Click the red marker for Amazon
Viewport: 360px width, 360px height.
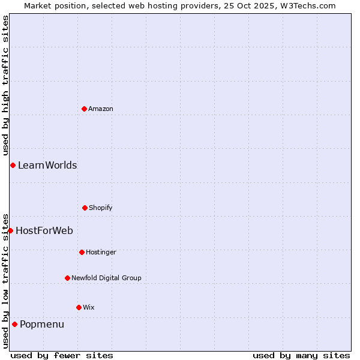click(84, 109)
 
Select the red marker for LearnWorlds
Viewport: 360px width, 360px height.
click(13, 165)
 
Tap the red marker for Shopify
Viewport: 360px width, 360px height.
click(85, 208)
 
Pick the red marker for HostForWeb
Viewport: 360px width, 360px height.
click(10, 230)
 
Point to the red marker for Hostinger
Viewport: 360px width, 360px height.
click(82, 252)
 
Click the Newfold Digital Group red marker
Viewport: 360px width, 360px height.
click(67, 278)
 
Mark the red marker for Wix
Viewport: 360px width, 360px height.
click(79, 307)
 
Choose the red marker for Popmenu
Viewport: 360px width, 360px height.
click(14, 324)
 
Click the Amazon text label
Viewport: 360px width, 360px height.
click(101, 109)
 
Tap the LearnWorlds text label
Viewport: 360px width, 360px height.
click(47, 165)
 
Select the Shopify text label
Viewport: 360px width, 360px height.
click(101, 208)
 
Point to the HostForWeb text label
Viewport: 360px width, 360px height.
click(44, 230)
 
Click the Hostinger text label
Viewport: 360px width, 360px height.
click(101, 252)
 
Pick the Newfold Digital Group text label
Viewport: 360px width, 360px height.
click(106, 278)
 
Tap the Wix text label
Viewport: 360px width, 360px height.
click(89, 307)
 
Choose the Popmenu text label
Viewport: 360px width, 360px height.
click(42, 325)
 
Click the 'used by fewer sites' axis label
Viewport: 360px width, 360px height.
click(62, 355)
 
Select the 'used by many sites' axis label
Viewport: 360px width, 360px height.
click(301, 355)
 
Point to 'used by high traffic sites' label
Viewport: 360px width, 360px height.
click(5, 84)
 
